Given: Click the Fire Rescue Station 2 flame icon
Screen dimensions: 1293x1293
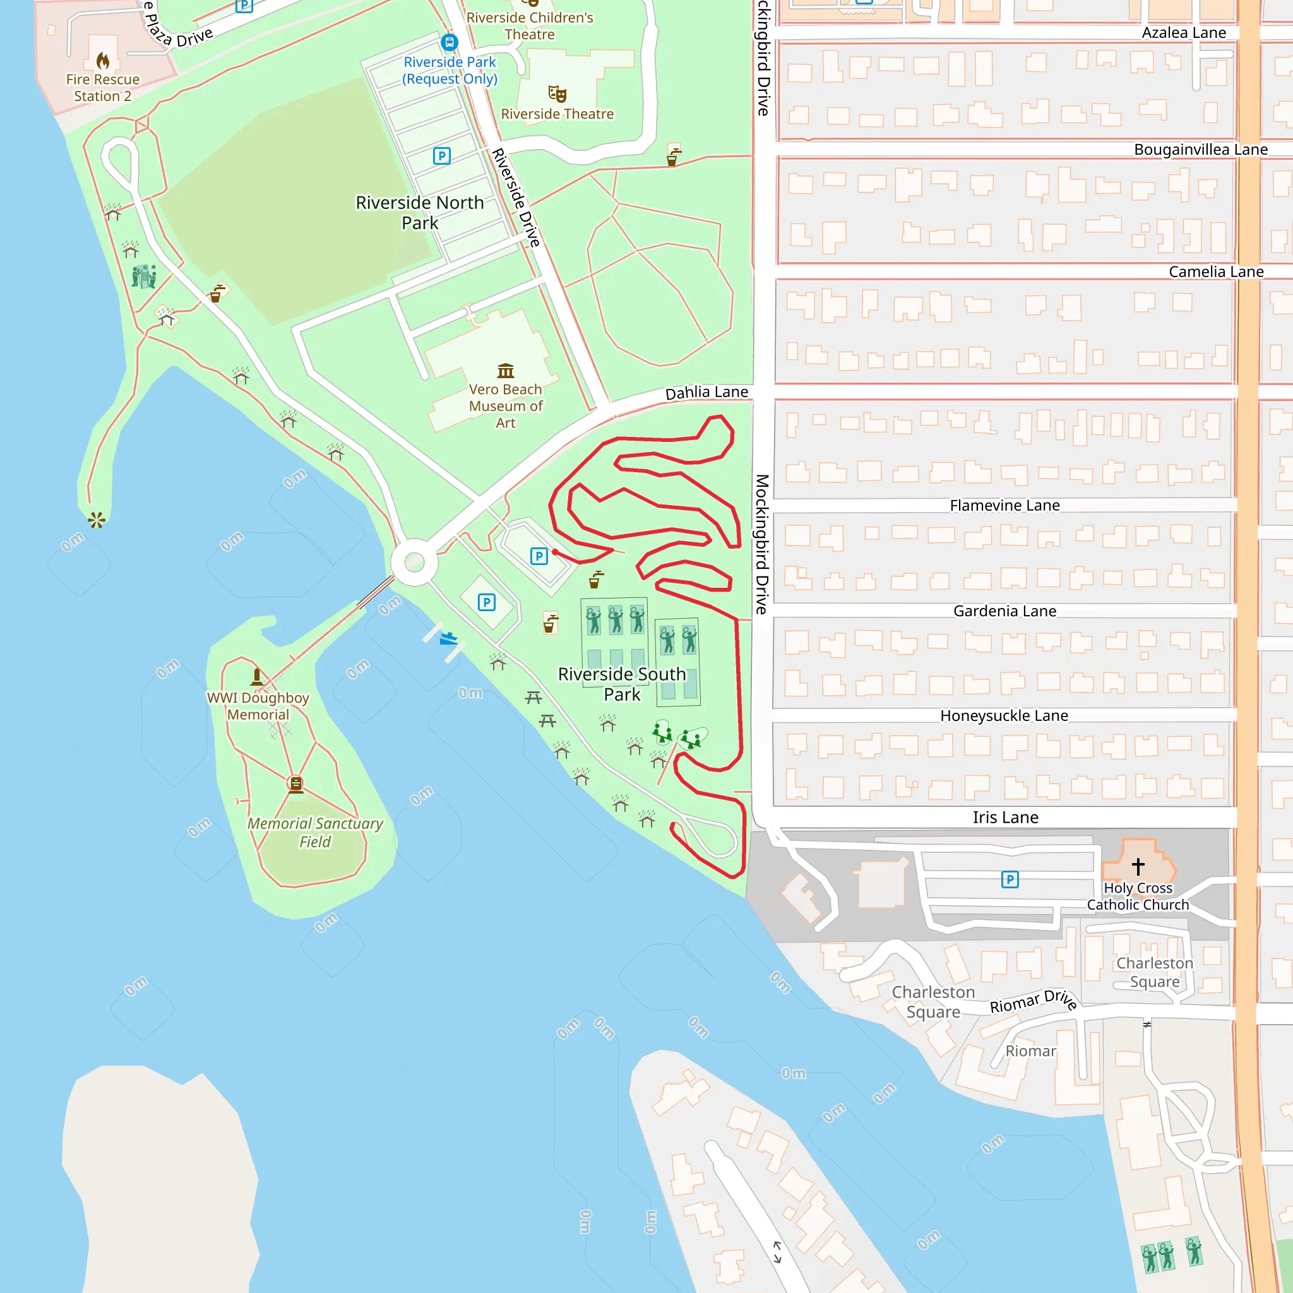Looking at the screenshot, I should click(x=102, y=61).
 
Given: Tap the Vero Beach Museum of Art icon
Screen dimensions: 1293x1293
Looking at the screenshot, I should click(x=505, y=371).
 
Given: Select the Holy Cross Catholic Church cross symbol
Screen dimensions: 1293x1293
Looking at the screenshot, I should click(x=1138, y=866).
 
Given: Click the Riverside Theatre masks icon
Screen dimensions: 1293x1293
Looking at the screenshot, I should click(x=557, y=93).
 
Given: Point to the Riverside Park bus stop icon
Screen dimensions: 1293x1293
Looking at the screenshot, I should click(x=450, y=43).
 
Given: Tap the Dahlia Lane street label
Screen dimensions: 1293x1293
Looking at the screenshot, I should click(x=706, y=392).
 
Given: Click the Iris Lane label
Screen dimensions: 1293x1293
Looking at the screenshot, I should click(x=1005, y=817).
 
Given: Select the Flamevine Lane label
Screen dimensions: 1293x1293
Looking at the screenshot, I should click(x=1004, y=505).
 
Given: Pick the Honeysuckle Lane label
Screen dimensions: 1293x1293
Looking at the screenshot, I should click(x=1004, y=715).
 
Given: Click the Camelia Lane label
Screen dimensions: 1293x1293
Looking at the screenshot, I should click(x=1215, y=271).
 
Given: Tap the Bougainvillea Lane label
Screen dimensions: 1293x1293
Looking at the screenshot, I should click(x=1200, y=149).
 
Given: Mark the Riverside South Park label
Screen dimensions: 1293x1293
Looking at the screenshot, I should click(x=622, y=684).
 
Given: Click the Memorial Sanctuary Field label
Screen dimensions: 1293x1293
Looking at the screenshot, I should click(x=315, y=833).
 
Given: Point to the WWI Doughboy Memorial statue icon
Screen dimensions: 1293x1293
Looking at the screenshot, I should click(x=257, y=677).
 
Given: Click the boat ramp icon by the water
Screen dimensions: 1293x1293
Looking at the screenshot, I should click(x=448, y=638).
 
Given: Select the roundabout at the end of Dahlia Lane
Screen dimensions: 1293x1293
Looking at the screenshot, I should click(x=414, y=562).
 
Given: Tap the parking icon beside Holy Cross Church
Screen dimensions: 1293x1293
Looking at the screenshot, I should click(x=1010, y=879).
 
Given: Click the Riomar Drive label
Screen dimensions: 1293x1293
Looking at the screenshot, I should click(x=1033, y=1001).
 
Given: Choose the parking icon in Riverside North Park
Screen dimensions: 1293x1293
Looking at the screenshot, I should click(x=442, y=156).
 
